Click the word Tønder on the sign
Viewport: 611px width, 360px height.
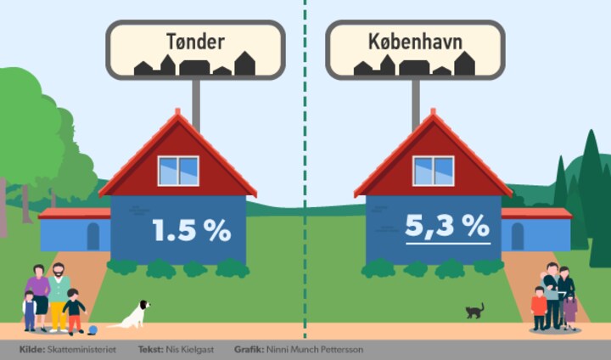(x=195, y=42)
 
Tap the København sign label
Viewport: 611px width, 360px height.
(x=415, y=42)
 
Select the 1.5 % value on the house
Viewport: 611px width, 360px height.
(x=191, y=230)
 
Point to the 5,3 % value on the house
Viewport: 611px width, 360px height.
(x=447, y=226)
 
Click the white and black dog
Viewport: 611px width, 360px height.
(x=132, y=315)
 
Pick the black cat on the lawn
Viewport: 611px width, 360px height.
(x=474, y=311)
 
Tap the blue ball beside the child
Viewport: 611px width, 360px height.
(x=92, y=330)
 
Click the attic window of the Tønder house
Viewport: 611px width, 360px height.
(x=178, y=171)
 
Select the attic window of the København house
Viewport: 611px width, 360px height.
(x=434, y=171)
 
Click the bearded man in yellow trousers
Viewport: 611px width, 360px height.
(x=59, y=297)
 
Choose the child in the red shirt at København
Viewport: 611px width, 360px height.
(x=539, y=308)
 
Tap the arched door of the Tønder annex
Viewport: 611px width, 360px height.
(x=93, y=236)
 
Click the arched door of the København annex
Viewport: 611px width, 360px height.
(x=518, y=236)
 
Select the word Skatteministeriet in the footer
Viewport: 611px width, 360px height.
(x=81, y=350)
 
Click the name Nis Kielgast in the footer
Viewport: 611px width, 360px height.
(x=190, y=350)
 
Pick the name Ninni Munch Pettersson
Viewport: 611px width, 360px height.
(x=315, y=350)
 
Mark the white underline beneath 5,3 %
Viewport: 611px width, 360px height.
(x=448, y=244)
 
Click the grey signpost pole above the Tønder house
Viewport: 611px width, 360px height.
(x=196, y=104)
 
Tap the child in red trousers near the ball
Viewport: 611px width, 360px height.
(x=73, y=312)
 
